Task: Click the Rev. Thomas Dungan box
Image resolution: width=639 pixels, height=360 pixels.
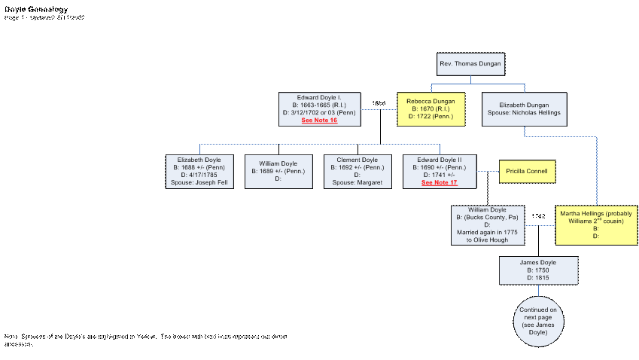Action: point(470,64)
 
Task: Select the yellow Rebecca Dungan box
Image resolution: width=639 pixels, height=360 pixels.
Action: point(431,108)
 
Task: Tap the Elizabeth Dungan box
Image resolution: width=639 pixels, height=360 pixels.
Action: point(524,108)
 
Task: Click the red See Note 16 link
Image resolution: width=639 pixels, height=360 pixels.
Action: point(319,121)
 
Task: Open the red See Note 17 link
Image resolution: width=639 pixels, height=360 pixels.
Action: point(439,183)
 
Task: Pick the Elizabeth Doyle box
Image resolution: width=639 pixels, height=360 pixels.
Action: point(199,171)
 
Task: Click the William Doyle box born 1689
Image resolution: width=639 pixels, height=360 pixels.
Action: point(278,171)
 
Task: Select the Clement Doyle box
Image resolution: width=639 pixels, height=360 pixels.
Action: point(358,171)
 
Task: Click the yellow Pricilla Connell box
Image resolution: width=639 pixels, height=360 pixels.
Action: point(528,172)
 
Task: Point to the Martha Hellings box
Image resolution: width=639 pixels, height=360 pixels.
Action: point(596,224)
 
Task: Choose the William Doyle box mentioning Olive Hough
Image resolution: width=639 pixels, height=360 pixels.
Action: point(487,224)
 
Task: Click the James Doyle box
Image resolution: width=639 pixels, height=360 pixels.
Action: point(539,270)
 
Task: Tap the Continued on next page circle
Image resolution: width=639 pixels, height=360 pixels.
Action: point(539,321)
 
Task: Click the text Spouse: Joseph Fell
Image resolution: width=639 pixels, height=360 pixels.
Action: point(199,183)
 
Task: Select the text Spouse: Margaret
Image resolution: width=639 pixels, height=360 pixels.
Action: point(358,183)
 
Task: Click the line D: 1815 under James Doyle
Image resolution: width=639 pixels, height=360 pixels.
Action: point(539,278)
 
